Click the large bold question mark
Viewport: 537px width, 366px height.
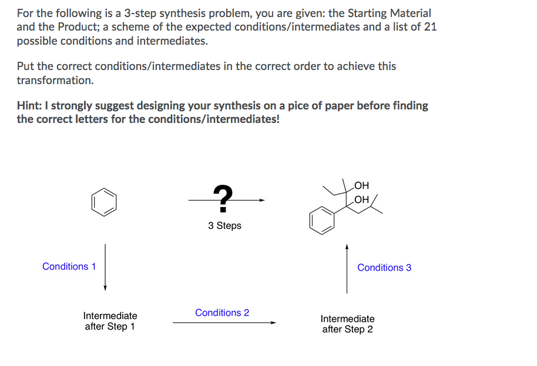[222, 198]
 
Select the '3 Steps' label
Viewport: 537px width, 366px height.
[224, 225]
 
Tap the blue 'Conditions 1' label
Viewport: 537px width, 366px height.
[69, 267]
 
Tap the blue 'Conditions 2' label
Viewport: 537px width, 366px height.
[222, 312]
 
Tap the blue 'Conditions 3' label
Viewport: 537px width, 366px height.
[384, 268]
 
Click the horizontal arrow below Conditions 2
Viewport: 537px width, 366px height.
[224, 322]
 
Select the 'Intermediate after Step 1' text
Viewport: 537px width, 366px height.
[110, 321]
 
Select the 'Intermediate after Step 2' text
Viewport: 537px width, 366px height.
[347, 324]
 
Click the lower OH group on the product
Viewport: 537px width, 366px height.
[362, 199]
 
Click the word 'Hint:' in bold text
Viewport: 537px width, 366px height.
[31, 106]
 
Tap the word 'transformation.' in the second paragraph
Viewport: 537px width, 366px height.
[55, 80]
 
